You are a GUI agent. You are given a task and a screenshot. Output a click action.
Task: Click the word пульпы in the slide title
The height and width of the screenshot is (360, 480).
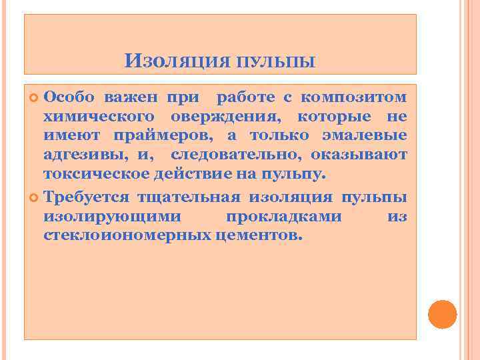pos(275,63)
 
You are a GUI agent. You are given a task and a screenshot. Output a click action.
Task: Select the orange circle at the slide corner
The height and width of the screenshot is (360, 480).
pos(442,314)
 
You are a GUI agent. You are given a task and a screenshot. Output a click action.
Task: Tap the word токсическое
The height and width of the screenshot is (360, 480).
pos(95,175)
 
